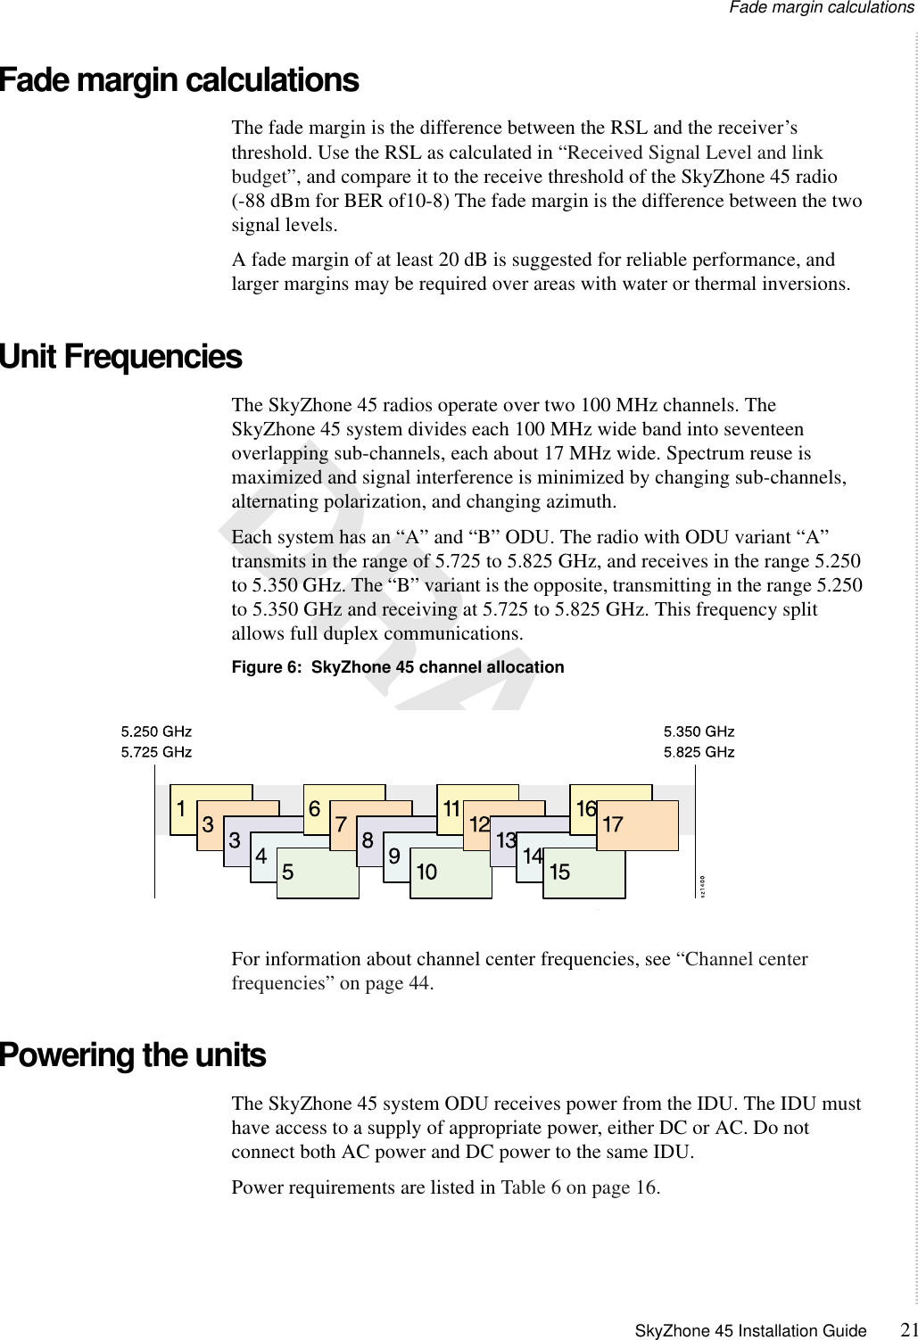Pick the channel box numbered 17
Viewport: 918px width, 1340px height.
coord(637,826)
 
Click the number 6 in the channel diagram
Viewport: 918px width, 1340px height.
coord(314,809)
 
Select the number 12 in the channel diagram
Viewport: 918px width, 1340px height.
coord(479,825)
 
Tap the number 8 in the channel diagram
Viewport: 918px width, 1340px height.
coord(368,840)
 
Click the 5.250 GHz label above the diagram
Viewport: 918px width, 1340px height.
coord(156,732)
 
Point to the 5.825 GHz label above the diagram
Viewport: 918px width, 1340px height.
coord(699,752)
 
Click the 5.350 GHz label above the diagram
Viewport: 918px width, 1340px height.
coord(699,732)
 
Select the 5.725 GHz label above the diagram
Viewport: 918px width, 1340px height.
coord(156,752)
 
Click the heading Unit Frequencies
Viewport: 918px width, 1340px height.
coord(121,357)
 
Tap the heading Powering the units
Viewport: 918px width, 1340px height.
coord(133,1055)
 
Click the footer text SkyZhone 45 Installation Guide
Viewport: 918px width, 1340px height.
coord(750,1331)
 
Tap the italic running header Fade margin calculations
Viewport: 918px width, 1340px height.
coord(821,8)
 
